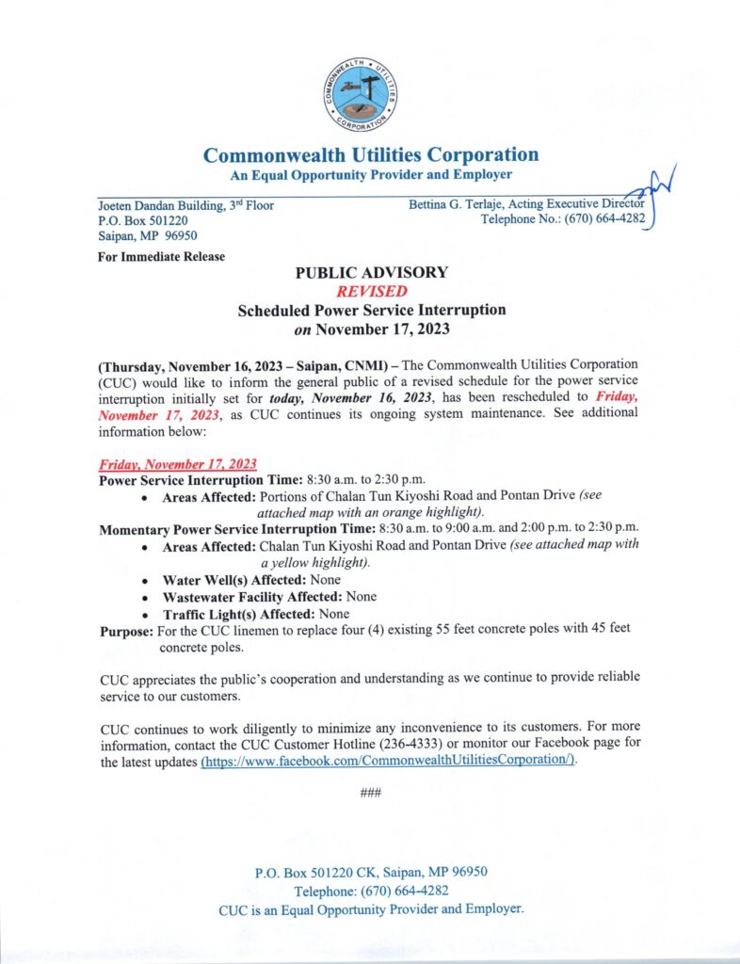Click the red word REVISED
(371, 292)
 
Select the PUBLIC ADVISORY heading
(371, 273)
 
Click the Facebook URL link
(388, 761)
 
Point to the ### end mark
(370, 793)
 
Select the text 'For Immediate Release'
(161, 257)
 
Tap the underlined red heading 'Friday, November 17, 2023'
(178, 465)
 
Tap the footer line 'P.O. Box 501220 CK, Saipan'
(370, 872)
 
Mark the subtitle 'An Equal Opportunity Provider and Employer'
(371, 175)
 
